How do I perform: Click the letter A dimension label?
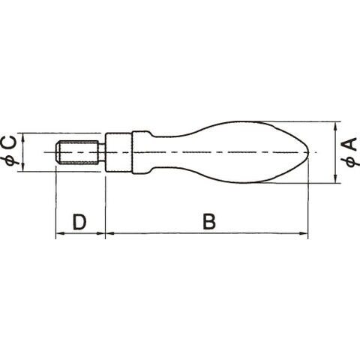pos(351,144)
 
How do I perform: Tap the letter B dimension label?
pos(209,221)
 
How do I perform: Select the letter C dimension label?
pos(10,142)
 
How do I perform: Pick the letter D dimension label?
pos(79,221)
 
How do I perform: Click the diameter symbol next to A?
pos(351,161)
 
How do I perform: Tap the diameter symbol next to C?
pos(11,160)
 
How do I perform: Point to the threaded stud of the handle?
pos(76,152)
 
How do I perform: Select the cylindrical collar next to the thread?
pos(118,152)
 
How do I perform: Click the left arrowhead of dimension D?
pos(59,233)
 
